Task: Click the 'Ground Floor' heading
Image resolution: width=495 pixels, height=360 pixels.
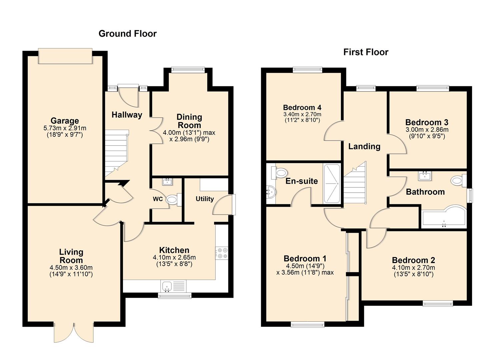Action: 127,34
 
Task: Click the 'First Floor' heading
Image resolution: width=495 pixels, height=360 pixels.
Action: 366,52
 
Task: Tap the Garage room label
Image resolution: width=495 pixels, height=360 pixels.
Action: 65,121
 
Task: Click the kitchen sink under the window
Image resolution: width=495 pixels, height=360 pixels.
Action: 167,286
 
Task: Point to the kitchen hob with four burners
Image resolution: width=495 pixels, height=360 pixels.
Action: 222,253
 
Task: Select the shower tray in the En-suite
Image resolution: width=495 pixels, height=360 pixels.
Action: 332,184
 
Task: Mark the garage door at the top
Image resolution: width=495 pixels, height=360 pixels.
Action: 65,56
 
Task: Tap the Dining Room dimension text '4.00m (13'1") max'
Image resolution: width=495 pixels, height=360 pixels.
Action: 189,133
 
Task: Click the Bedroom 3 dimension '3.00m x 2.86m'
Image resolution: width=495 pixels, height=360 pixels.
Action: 427,130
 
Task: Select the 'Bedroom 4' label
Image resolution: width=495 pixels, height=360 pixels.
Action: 302,107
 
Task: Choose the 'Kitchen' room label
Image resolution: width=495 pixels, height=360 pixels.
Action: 174,250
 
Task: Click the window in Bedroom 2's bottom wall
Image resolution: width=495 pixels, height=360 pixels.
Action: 438,303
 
